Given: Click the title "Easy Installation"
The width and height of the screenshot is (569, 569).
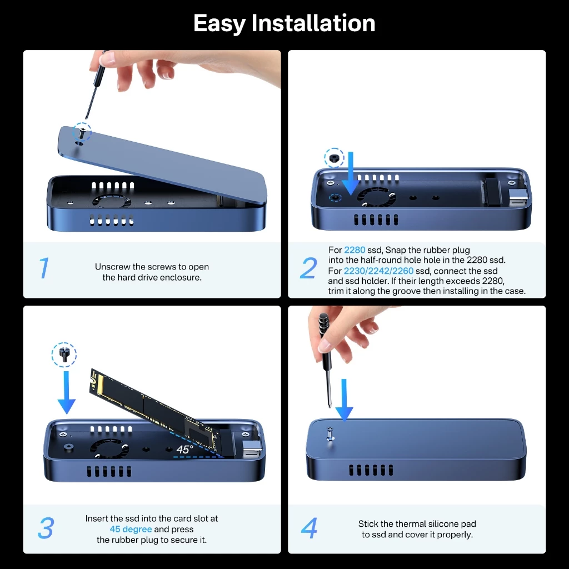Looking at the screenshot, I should pyautogui.click(x=284, y=23).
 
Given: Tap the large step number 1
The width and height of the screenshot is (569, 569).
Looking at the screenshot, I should pyautogui.click(x=44, y=268).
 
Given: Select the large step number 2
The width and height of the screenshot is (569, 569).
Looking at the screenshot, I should pyautogui.click(x=308, y=268).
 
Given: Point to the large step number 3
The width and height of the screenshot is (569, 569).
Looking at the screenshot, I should pyautogui.click(x=46, y=528).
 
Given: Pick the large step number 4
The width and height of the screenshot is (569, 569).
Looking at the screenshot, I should pyautogui.click(x=309, y=528).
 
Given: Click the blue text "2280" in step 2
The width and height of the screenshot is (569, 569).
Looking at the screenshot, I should pyautogui.click(x=355, y=250).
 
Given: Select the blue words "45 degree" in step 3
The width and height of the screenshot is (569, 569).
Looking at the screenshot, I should pyautogui.click(x=131, y=529).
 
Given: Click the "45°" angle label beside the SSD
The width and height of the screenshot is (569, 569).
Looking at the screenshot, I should pyautogui.click(x=184, y=449).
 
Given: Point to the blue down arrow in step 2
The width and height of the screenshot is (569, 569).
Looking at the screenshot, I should pyautogui.click(x=350, y=172).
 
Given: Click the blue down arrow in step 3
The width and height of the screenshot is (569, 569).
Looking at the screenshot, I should pyautogui.click(x=66, y=392).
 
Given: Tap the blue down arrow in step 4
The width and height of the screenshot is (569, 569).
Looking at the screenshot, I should pyautogui.click(x=344, y=399).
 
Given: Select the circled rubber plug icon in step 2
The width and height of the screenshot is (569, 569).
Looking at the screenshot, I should pyautogui.click(x=334, y=158).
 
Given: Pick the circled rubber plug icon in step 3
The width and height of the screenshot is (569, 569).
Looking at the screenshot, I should pyautogui.click(x=64, y=354).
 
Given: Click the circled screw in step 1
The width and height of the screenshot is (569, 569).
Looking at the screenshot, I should pyautogui.click(x=82, y=132).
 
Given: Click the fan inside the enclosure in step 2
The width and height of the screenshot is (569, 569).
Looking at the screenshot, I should pyautogui.click(x=374, y=197).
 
